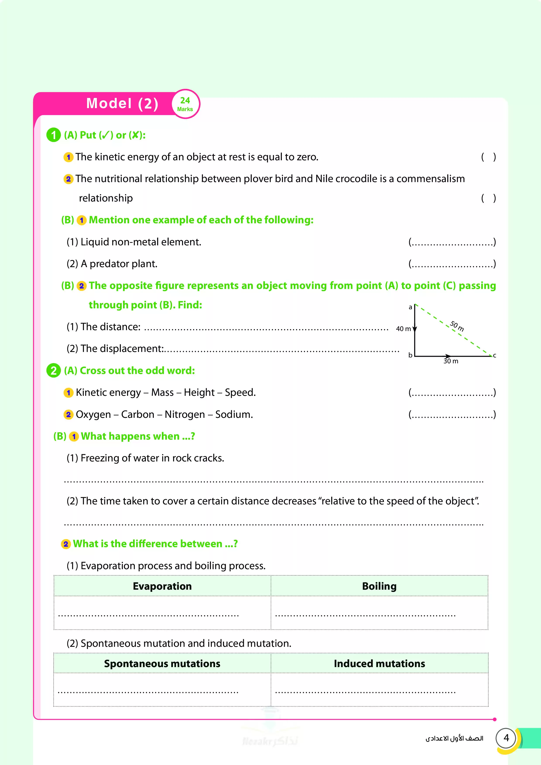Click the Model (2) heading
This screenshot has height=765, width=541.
pos(122,104)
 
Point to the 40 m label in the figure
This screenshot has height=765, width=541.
pos(403,329)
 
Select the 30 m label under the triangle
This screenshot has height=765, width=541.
pos(451,361)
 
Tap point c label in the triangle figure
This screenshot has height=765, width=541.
pos(495,355)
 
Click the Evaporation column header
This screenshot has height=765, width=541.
pos(162,586)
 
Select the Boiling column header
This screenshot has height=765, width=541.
pos(379,586)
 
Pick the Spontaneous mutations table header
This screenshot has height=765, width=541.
pos(162,663)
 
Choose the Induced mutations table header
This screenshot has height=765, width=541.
pos(379,663)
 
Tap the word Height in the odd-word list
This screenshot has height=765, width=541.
pos(199,393)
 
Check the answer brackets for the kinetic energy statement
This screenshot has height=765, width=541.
pos(488,157)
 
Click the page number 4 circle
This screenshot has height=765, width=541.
pos(506,738)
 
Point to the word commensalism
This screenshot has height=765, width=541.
pos(430,179)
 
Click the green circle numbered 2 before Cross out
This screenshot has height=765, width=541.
pos(53,371)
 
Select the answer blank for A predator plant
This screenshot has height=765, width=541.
pos(452,264)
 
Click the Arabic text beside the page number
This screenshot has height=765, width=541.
pos(454,739)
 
